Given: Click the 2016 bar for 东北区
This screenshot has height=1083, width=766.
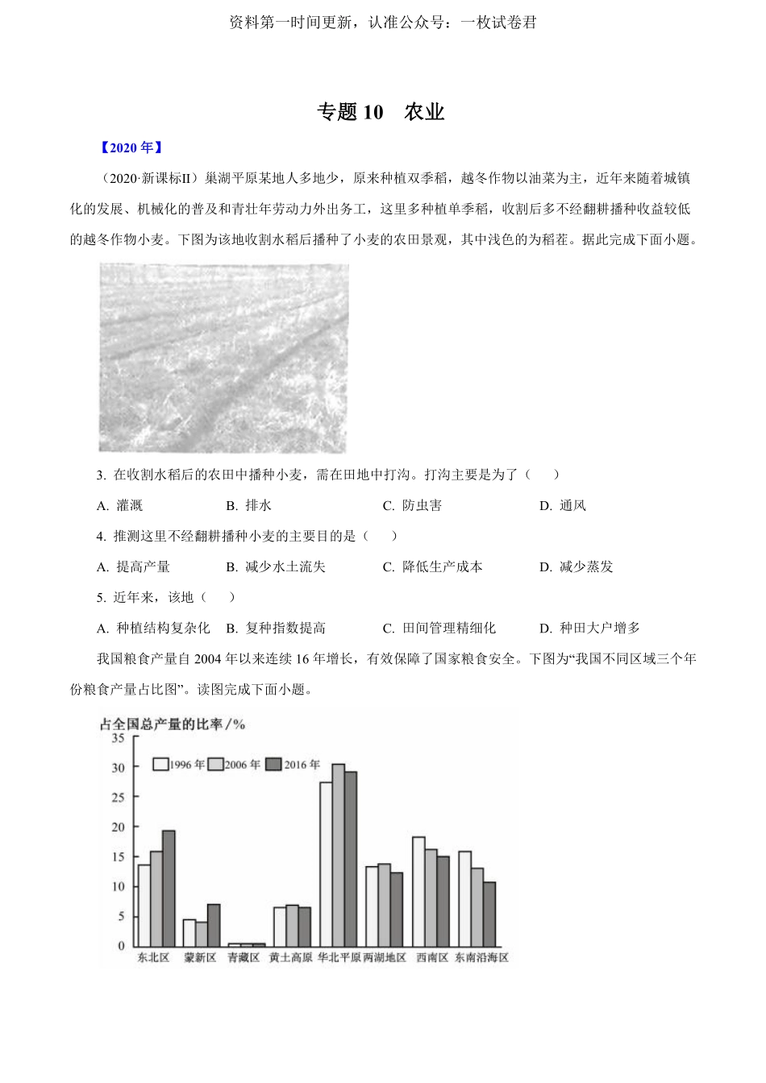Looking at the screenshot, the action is point(169,888).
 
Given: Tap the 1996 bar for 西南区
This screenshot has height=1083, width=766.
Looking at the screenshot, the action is point(418,891).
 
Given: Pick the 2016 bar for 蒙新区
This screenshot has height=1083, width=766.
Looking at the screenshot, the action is point(214,925).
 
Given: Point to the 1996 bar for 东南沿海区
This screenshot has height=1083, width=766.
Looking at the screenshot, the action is point(464,898).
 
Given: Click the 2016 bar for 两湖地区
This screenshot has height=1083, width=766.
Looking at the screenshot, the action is point(396,909).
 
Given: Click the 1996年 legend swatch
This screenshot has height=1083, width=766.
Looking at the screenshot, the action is point(160,765).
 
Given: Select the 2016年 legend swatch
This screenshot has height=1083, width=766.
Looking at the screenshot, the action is point(273,765).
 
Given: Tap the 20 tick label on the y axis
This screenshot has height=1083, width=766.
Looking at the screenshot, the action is point(119,827).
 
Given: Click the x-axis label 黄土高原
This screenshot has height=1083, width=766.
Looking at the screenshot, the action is point(290,957).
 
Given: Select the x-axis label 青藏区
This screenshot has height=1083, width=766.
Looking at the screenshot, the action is point(244,957).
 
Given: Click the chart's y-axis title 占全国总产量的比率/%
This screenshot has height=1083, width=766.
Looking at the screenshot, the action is point(172,724).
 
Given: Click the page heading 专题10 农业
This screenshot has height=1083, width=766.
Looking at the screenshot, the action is point(381,112).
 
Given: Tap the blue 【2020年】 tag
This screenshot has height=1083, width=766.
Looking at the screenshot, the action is point(131,147).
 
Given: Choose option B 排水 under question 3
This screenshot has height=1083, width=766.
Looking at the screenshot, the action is point(249,505).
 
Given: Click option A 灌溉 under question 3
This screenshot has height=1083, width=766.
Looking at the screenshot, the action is point(120,505).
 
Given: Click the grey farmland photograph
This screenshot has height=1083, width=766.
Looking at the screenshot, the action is point(223,358).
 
